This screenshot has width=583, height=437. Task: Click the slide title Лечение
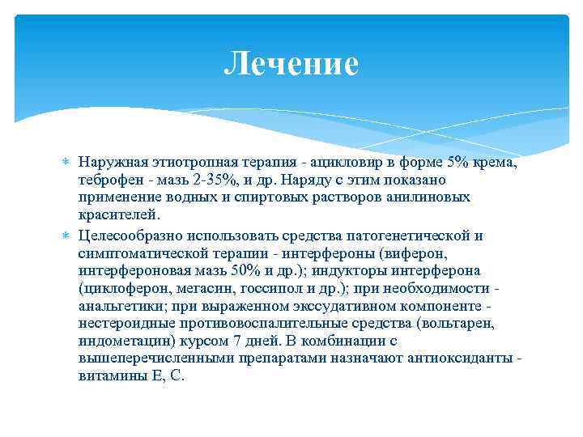[x=291, y=64]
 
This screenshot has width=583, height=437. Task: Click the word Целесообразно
[x=131, y=235]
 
